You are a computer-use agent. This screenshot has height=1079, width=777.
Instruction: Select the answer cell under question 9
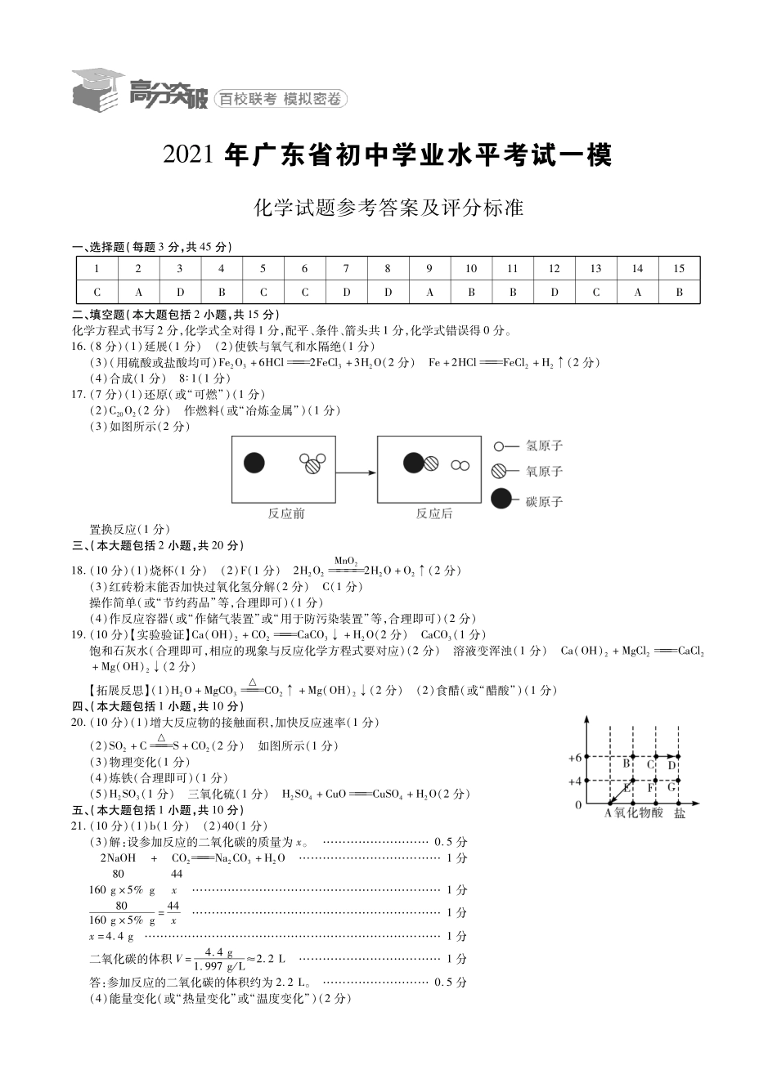pos(429,292)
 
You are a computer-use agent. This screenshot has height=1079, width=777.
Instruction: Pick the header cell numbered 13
pos(595,268)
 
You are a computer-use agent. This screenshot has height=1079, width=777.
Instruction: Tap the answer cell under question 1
pos(97,292)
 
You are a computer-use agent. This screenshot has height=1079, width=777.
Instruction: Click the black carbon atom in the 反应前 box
pos(254,463)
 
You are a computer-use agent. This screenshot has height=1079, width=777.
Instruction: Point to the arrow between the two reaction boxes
pos(356,472)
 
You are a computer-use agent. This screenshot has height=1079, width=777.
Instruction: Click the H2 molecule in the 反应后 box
pos(460,465)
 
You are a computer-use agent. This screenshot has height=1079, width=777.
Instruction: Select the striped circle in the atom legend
pos(500,471)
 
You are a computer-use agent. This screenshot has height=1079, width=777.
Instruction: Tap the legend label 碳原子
pos(544,500)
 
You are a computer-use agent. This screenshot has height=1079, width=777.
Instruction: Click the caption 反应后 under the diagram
pos(433,513)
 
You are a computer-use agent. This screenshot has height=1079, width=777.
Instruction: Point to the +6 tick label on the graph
pos(575,758)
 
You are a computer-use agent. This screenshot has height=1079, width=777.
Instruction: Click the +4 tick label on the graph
pos(575,781)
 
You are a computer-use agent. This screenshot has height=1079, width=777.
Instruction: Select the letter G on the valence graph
pos(671,788)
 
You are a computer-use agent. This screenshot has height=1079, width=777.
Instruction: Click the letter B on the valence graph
pos(627,763)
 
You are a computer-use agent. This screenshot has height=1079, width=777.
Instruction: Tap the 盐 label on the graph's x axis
pos(680,813)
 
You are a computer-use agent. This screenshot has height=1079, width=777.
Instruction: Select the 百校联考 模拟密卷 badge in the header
pos(281,100)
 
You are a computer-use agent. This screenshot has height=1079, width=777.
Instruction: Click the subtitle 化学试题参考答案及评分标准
pos(388,208)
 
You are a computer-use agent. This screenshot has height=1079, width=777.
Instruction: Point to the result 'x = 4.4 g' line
pos(111,936)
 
